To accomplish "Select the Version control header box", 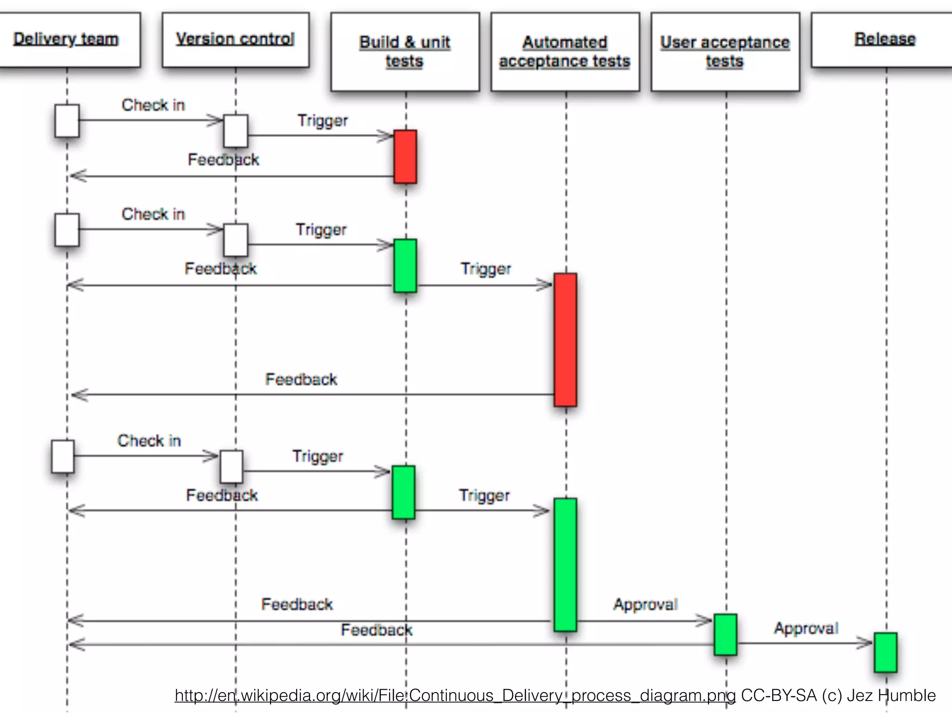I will pyautogui.click(x=235, y=40).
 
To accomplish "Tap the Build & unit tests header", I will pyautogui.click(x=405, y=52).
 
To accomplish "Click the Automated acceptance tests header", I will pyautogui.click(x=565, y=52).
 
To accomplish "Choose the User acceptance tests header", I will pyautogui.click(x=725, y=52).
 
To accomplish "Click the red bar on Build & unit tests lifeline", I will pyautogui.click(x=405, y=157).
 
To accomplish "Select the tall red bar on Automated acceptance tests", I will pyautogui.click(x=565, y=339).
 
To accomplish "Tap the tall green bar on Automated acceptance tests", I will pyautogui.click(x=565, y=564).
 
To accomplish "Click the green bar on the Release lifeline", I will pyautogui.click(x=885, y=652).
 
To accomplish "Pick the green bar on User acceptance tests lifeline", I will pyautogui.click(x=725, y=635).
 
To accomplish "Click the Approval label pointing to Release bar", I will pyautogui.click(x=806, y=628).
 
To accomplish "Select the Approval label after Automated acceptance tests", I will pyautogui.click(x=645, y=604).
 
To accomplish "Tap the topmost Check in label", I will pyautogui.click(x=153, y=105).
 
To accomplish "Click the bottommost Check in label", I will pyautogui.click(x=149, y=441).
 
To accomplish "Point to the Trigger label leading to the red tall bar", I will pyautogui.click(x=486, y=269).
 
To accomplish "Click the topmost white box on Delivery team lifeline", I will pyautogui.click(x=67, y=121).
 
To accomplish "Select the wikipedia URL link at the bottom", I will pyautogui.click(x=455, y=695).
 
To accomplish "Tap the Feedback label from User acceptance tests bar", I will pyautogui.click(x=377, y=630).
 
